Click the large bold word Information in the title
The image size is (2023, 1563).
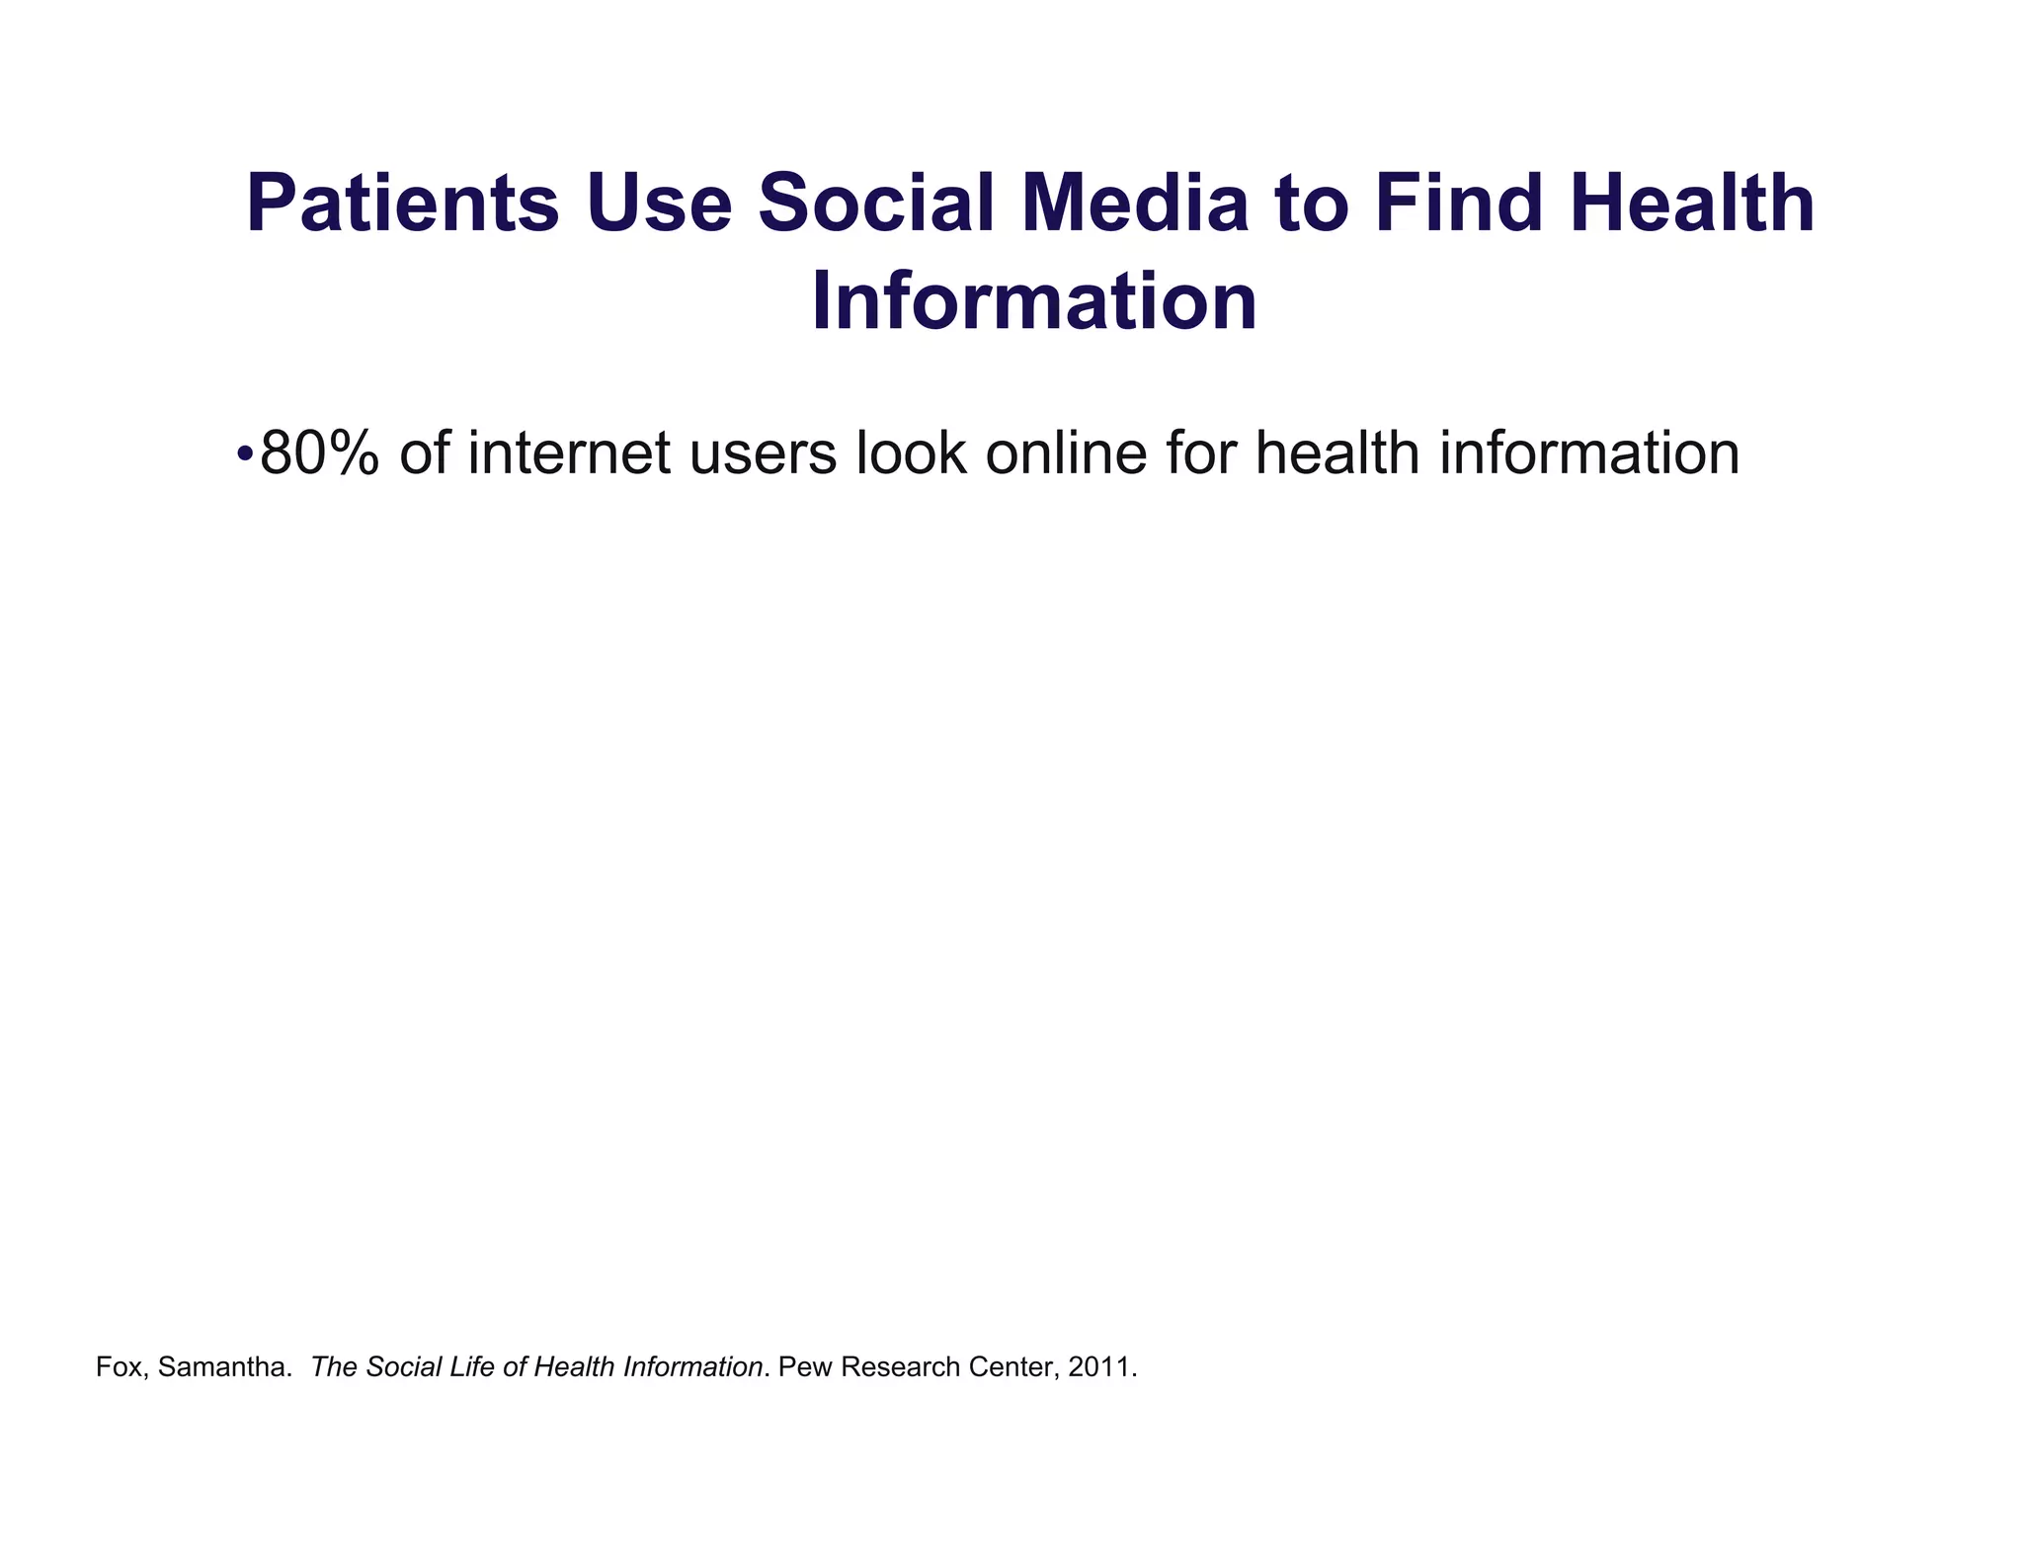click(x=1034, y=303)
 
